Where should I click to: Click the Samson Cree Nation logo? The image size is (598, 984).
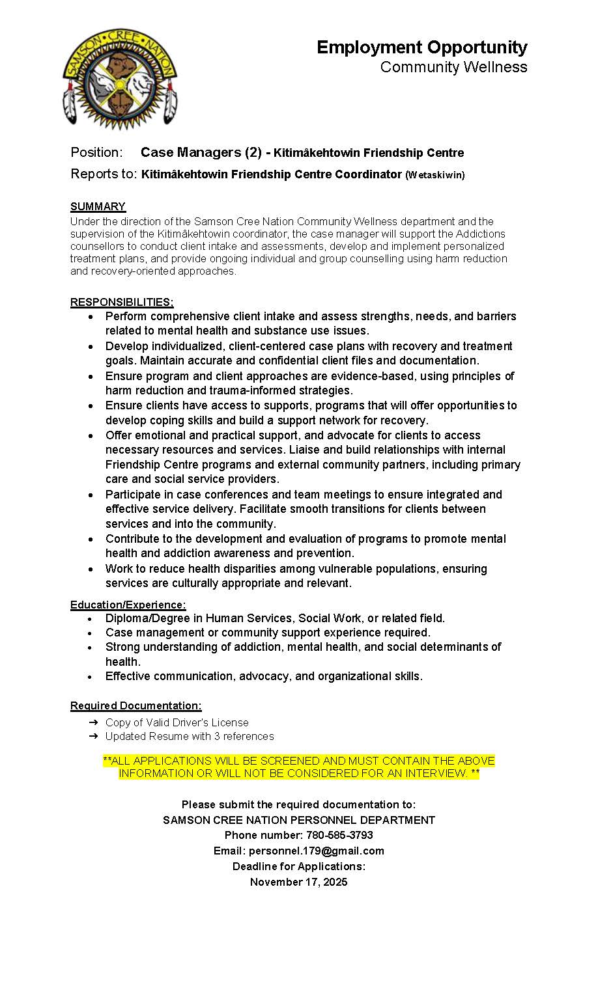(x=119, y=78)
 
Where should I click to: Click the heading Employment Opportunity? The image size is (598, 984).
(x=421, y=48)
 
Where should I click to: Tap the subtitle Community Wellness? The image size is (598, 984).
(x=453, y=67)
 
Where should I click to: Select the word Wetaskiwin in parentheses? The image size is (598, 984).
(x=435, y=175)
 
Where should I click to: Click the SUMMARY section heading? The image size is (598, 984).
(x=98, y=206)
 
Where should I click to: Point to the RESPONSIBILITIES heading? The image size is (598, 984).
(x=122, y=302)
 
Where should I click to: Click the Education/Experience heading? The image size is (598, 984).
(x=128, y=605)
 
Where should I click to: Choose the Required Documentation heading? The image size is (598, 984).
(x=135, y=705)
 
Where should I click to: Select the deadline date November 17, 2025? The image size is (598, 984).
(x=298, y=882)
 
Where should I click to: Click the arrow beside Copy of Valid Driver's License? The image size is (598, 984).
(x=93, y=722)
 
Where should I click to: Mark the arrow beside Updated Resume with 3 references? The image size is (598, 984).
(x=93, y=736)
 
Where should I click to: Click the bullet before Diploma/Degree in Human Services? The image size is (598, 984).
(x=91, y=619)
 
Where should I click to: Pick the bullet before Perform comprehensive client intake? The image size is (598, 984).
(x=91, y=317)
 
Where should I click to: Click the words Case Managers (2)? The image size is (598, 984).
(x=201, y=152)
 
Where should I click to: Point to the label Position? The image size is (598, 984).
(x=96, y=152)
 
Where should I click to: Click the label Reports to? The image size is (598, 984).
(x=104, y=174)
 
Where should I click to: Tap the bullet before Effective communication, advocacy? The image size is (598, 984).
(x=91, y=677)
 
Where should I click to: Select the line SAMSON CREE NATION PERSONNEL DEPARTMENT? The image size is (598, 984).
(x=298, y=820)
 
